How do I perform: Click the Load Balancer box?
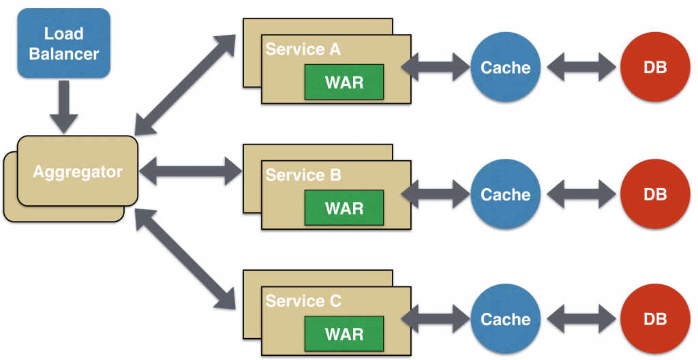tap(63, 43)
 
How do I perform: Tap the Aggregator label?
tap(78, 172)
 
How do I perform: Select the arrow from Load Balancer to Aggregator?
tap(63, 107)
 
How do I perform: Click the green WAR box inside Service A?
tap(344, 82)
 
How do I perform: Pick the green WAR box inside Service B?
tap(344, 208)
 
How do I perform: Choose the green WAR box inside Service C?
tap(344, 333)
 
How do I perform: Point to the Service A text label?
tap(303, 49)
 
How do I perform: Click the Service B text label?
tap(303, 175)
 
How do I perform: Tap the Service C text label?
tap(303, 301)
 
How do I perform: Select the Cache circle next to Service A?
tap(506, 67)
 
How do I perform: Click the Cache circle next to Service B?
tap(506, 194)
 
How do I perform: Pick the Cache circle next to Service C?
tap(506, 319)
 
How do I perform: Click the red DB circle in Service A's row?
tap(655, 67)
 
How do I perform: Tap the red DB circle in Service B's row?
tap(655, 194)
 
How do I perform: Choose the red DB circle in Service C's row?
tap(655, 319)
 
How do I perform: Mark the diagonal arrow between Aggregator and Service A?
tap(185, 85)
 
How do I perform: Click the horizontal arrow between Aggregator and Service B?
tap(191, 171)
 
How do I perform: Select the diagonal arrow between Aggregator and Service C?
tap(185, 260)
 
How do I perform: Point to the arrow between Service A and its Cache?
tap(436, 67)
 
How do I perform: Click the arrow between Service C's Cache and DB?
tap(581, 319)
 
